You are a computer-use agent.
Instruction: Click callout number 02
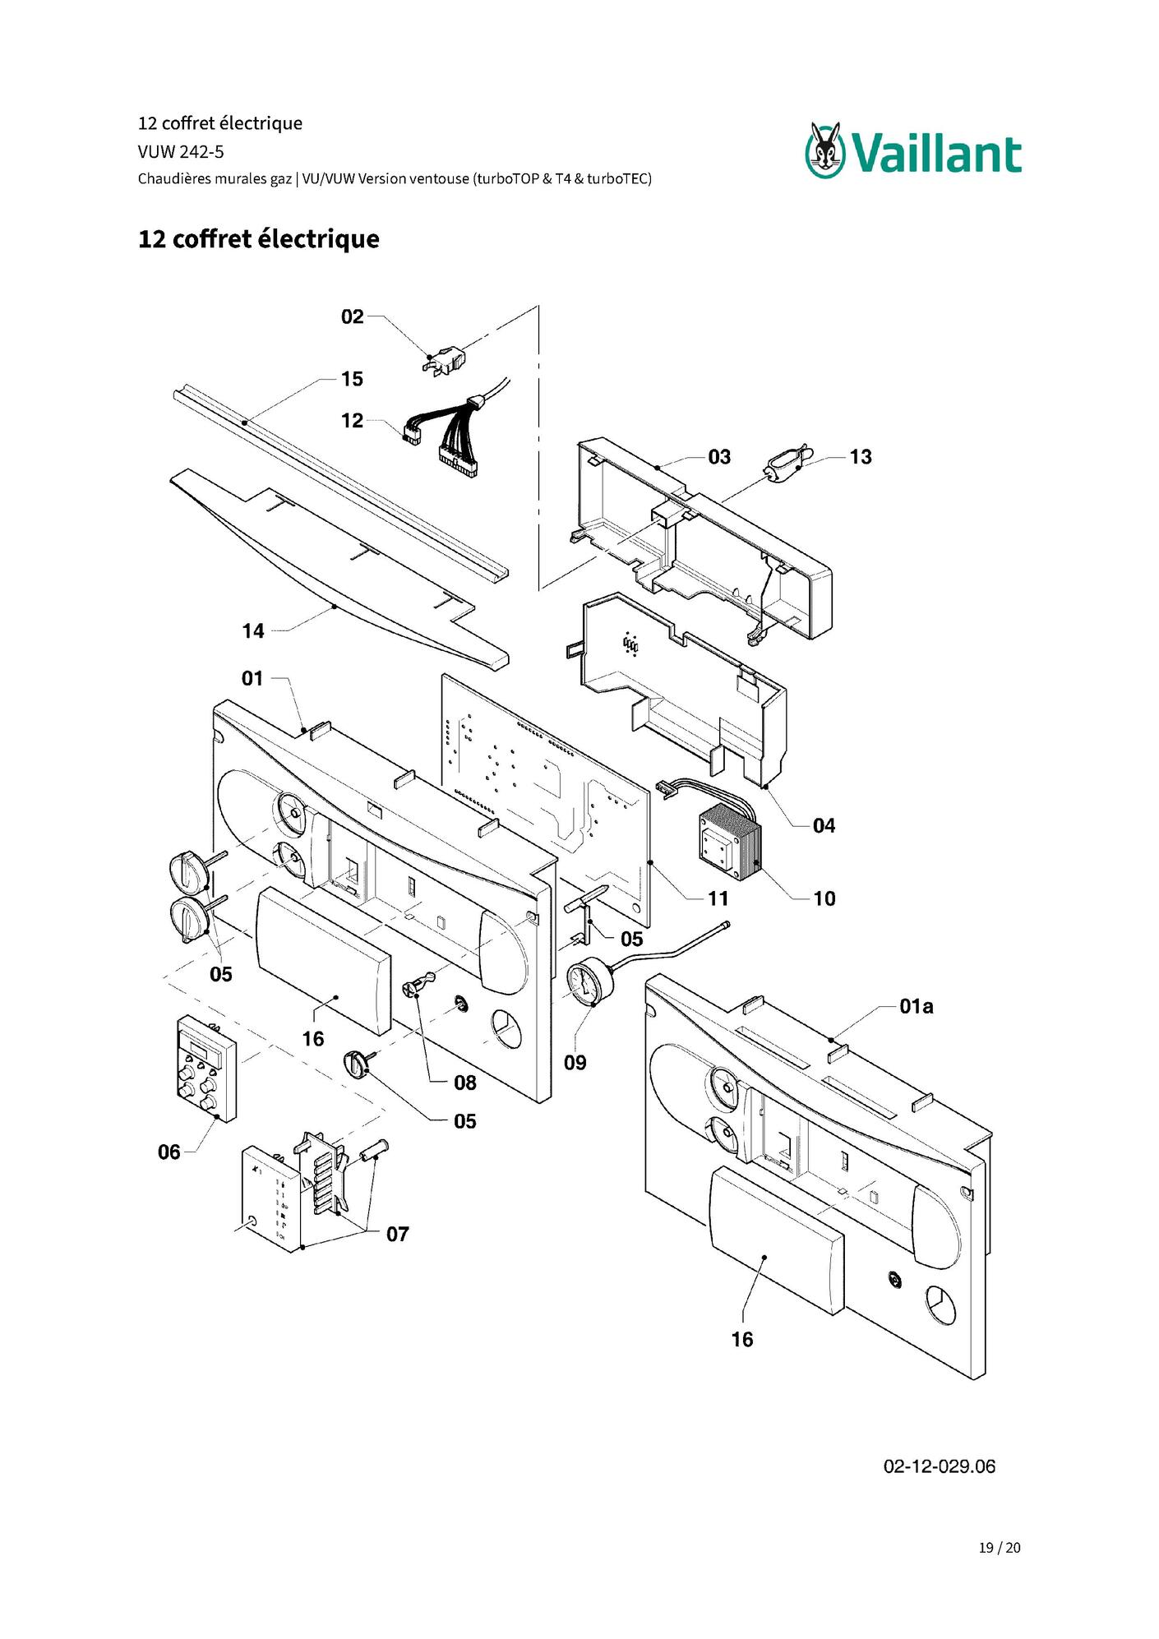coord(352,316)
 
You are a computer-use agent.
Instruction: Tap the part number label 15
coord(352,379)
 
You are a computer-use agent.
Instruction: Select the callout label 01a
coord(916,1006)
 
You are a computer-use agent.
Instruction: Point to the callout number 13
coord(861,457)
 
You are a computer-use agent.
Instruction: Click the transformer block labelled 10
coord(731,841)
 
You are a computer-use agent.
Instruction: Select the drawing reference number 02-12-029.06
coord(939,1466)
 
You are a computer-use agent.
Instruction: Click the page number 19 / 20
coord(1000,1548)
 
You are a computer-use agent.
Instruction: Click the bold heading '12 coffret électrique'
coord(259,239)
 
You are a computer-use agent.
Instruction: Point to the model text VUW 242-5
coord(181,151)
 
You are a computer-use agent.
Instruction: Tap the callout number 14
coord(253,631)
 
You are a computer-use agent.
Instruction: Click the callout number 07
coord(398,1235)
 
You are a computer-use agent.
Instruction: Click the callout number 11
coord(718,899)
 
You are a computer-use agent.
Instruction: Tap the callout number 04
coord(824,826)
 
